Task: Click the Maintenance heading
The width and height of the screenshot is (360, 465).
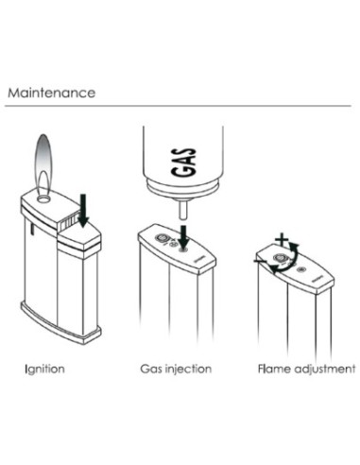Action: [x=51, y=93]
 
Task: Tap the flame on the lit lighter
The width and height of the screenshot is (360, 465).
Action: [x=43, y=164]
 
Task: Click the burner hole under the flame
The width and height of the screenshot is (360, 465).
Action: [x=43, y=198]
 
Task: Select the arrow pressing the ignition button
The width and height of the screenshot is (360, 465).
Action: [x=83, y=211]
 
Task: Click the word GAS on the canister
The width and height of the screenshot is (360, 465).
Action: [x=183, y=162]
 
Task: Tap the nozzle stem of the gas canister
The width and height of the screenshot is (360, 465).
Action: [x=183, y=210]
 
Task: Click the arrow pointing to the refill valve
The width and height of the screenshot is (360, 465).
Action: [x=183, y=237]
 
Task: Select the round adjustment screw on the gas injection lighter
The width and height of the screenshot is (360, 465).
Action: [x=163, y=238]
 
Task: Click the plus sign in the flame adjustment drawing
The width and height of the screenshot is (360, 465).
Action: [x=282, y=240]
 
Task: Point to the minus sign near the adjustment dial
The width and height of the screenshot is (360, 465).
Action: [x=260, y=261]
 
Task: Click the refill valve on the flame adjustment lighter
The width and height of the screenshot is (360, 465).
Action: [x=301, y=269]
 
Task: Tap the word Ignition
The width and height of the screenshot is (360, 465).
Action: [x=44, y=369]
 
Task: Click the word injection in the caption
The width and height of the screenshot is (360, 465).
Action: [x=188, y=369]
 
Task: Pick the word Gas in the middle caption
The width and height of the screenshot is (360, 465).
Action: [x=151, y=369]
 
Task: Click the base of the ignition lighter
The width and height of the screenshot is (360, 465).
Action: [x=60, y=323]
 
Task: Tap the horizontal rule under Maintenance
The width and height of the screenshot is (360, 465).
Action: [x=178, y=106]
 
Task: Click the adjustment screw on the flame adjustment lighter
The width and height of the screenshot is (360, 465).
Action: [x=280, y=258]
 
